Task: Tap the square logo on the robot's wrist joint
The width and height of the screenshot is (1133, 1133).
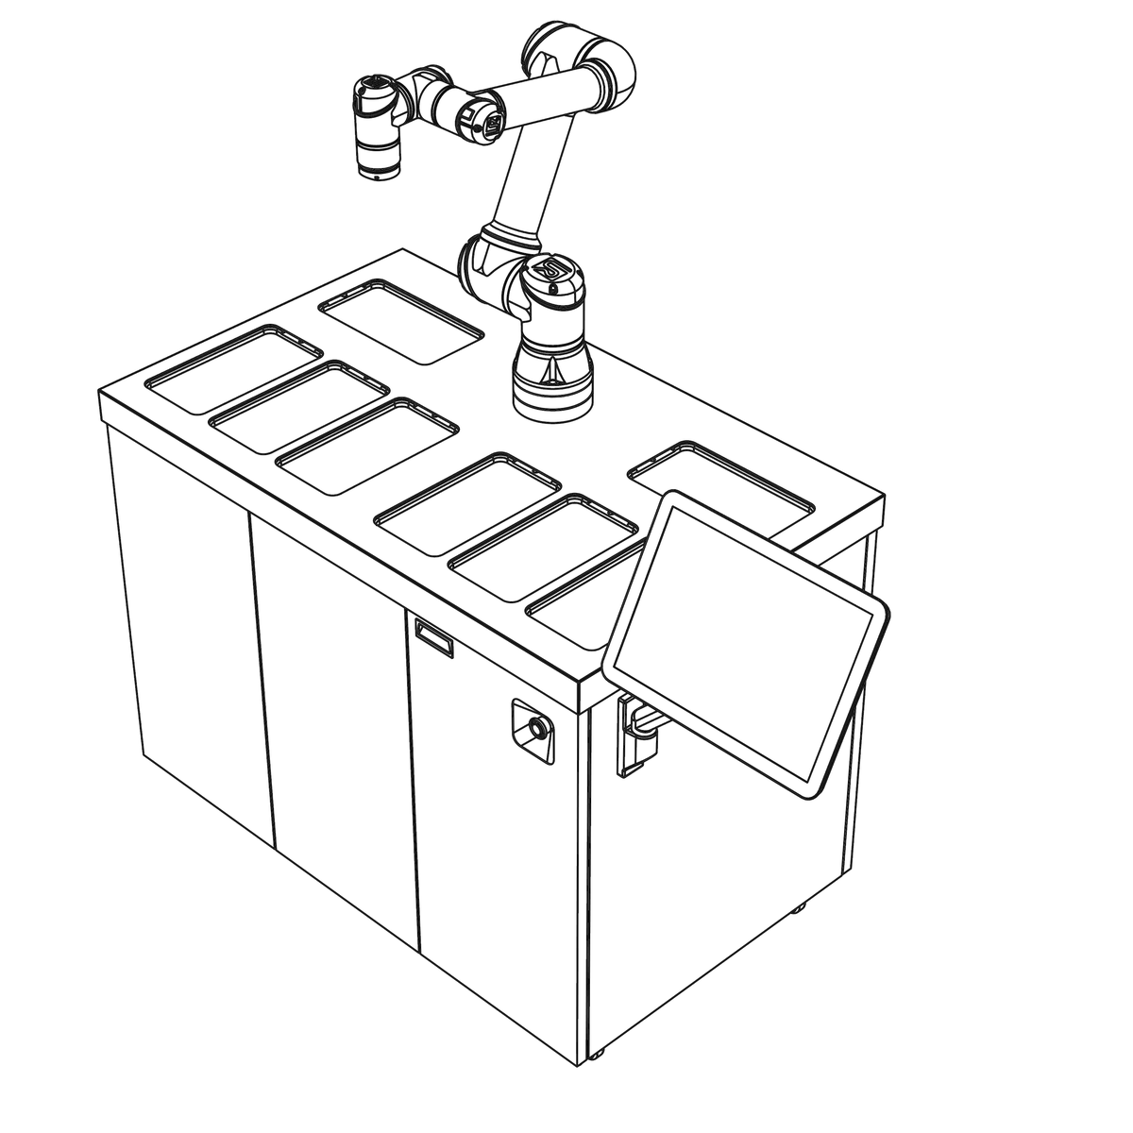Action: click(493, 125)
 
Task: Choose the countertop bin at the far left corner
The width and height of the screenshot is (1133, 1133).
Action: click(234, 369)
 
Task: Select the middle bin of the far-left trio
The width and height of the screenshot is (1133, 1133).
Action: click(299, 406)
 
